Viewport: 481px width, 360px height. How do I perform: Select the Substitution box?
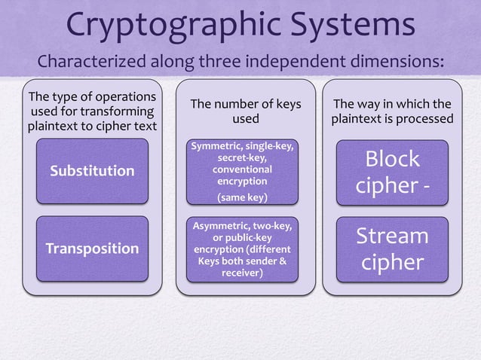tap(92, 171)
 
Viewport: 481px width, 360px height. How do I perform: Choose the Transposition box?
tap(92, 249)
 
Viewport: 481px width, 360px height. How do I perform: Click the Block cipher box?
tap(392, 172)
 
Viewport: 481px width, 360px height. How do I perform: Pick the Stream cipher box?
tap(392, 249)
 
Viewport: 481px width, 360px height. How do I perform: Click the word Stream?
tap(392, 236)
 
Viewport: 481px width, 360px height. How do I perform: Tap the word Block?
tap(392, 159)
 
